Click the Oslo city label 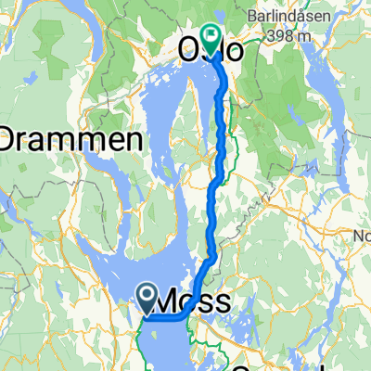(215, 52)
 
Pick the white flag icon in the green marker (211, 36)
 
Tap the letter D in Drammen (13, 141)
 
